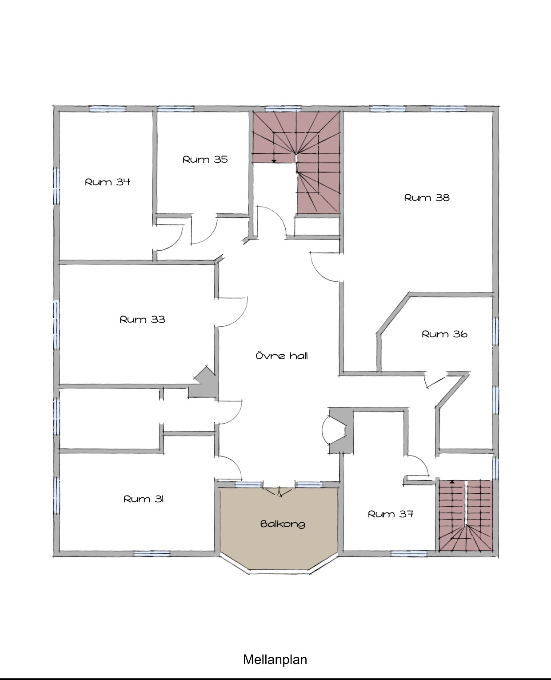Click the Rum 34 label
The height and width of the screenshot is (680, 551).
coord(107,182)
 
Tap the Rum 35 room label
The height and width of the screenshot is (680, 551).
coord(205,159)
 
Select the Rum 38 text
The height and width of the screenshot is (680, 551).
coord(427,198)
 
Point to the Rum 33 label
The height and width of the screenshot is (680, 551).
coord(142,319)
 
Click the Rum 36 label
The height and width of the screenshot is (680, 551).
coord(444,334)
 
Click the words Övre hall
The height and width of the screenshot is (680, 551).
coord(282,356)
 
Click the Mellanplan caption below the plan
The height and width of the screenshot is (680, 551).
coord(275,659)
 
